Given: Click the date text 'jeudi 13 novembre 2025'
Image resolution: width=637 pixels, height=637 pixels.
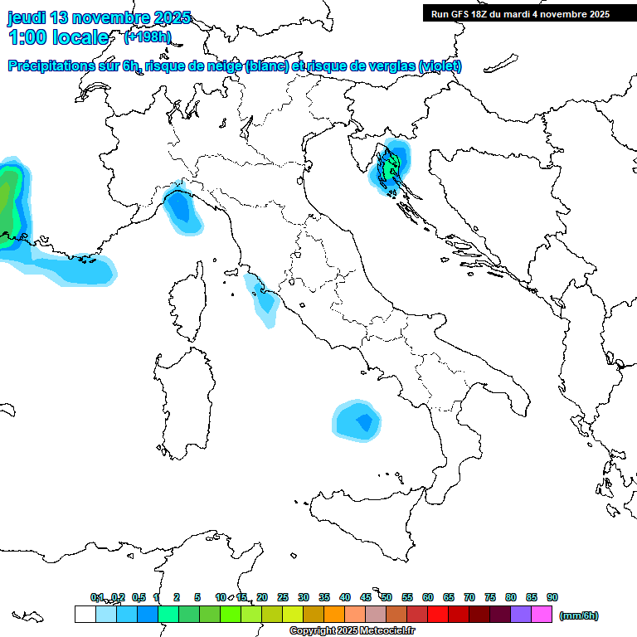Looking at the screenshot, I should click(x=100, y=17).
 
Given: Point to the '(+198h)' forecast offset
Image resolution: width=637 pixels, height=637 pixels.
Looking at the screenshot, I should click(x=147, y=37).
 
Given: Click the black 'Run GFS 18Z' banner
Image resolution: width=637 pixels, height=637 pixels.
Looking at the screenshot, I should click(x=520, y=13).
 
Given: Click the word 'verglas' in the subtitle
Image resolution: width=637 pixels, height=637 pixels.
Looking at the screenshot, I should click(x=382, y=66).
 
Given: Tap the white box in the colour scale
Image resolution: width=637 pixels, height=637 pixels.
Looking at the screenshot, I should click(x=85, y=615).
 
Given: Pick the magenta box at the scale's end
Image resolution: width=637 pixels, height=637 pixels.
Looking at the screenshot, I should click(x=542, y=615).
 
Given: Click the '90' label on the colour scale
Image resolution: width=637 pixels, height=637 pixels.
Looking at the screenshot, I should click(x=552, y=597).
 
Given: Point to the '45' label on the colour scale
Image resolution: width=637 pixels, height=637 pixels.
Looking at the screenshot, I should click(x=366, y=597).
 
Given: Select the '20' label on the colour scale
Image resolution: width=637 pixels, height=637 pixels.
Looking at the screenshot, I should click(x=262, y=597).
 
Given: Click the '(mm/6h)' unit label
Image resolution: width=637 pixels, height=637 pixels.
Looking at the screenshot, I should click(x=579, y=615).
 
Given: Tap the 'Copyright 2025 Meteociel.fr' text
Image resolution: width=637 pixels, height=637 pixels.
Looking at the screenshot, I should click(x=352, y=631).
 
